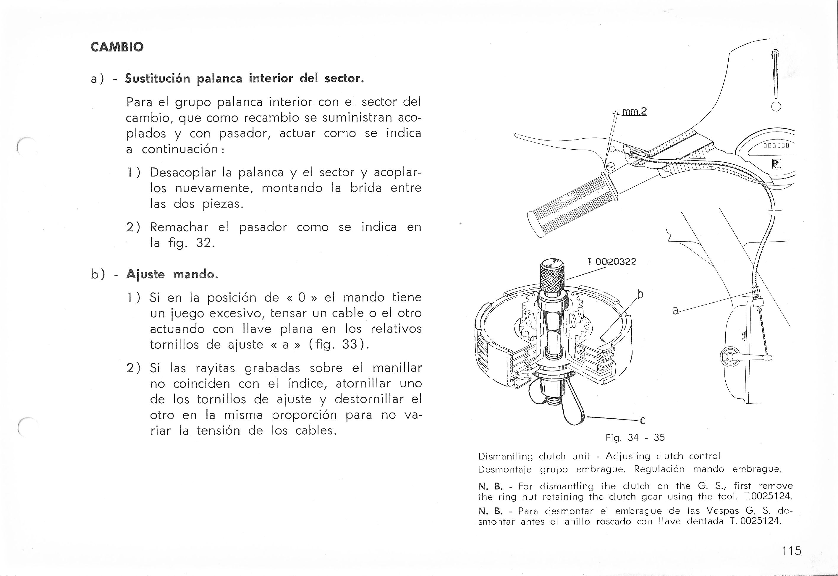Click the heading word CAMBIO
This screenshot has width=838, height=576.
(117, 47)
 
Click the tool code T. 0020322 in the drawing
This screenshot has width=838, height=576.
(613, 262)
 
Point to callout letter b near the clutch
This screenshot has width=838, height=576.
(640, 295)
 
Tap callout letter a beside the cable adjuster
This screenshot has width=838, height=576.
(676, 310)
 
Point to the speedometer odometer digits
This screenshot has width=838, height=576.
(776, 146)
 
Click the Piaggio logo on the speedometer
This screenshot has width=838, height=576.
(776, 165)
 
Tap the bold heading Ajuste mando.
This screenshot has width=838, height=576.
(172, 275)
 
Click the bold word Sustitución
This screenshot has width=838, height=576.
(157, 79)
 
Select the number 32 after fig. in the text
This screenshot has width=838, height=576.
(204, 243)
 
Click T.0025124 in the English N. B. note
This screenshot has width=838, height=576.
(768, 496)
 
